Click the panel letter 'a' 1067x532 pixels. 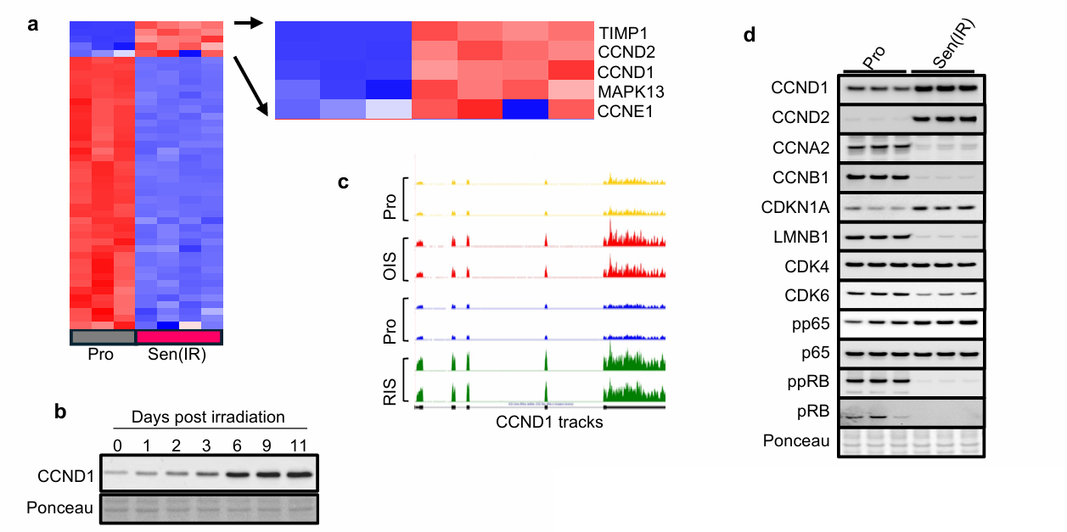33,25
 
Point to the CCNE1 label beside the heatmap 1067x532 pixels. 624,110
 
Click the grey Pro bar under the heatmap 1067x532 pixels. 103,337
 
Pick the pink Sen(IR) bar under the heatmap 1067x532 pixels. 178,337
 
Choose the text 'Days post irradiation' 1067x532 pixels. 207,417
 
